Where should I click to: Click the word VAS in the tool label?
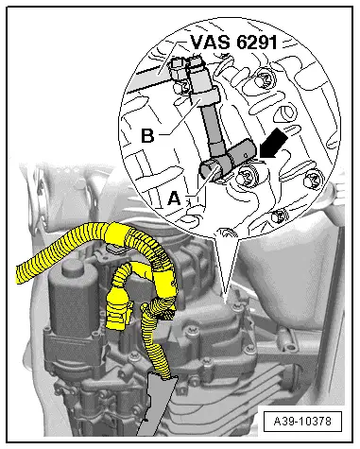(210, 42)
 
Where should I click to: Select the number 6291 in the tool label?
(257, 42)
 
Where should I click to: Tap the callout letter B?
(147, 135)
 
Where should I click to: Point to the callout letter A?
(174, 199)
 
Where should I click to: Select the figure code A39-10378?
(302, 421)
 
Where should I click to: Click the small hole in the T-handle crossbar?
(247, 154)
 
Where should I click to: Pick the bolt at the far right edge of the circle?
(313, 181)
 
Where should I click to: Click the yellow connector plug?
(119, 310)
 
